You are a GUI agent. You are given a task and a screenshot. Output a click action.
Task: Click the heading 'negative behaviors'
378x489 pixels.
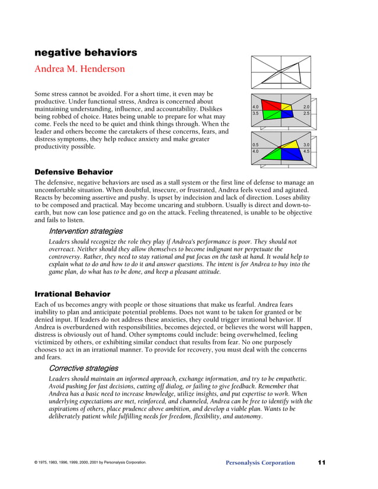86,53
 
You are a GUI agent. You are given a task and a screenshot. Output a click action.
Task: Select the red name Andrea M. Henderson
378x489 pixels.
80,69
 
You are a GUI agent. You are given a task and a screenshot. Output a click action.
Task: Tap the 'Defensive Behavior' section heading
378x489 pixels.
73,172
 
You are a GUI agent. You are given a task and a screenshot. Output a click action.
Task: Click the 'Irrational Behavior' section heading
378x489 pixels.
72,294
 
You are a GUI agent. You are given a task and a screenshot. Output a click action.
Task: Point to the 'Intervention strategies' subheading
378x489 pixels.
86,231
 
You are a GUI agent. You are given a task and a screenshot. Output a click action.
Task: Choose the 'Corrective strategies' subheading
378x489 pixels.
84,368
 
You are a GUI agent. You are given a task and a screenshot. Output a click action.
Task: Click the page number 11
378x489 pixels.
322,462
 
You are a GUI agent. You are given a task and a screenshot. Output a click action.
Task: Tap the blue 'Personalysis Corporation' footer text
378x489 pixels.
260,463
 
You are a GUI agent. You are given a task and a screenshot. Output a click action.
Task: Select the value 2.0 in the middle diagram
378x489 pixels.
306,107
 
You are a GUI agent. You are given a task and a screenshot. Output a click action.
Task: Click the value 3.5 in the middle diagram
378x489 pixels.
255,113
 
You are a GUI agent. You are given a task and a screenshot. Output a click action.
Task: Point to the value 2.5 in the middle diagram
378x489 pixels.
306,113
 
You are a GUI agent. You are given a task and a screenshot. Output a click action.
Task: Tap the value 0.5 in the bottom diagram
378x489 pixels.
255,145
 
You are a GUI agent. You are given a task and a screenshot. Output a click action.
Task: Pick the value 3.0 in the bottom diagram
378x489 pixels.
306,145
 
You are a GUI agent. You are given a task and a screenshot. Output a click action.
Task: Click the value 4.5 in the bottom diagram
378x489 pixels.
306,152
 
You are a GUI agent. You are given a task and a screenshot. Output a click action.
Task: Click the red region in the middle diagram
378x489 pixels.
273,106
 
